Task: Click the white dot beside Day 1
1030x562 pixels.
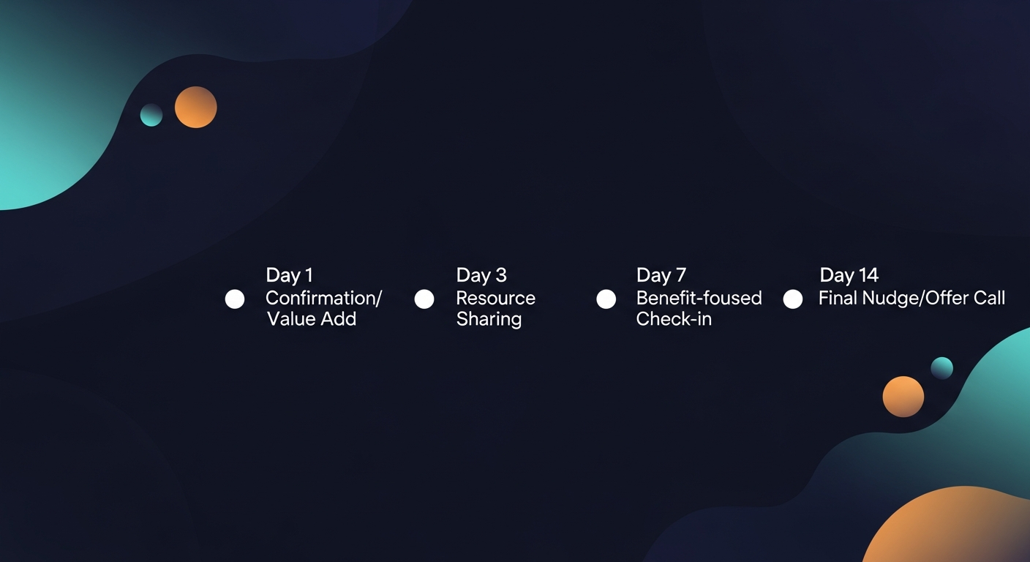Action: click(235, 299)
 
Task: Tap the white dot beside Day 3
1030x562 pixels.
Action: click(424, 299)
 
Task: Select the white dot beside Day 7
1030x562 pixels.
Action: click(606, 299)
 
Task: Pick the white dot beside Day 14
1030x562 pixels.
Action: click(793, 299)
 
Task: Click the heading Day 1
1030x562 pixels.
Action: click(289, 275)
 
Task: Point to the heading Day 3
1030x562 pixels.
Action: click(481, 275)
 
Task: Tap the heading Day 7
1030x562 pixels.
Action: click(661, 275)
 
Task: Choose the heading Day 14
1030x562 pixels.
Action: click(849, 275)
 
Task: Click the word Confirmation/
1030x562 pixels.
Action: click(323, 298)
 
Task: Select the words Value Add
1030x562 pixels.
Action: click(312, 319)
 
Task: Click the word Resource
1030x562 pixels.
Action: click(495, 298)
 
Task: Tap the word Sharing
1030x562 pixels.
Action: click(489, 319)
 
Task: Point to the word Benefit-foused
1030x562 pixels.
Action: click(699, 298)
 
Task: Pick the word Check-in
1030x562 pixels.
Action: click(674, 319)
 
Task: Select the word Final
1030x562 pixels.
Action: click(835, 298)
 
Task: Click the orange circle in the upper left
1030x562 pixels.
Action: click(196, 107)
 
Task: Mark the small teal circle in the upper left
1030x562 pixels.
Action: click(151, 115)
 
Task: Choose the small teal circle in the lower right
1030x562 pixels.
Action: click(941, 368)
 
